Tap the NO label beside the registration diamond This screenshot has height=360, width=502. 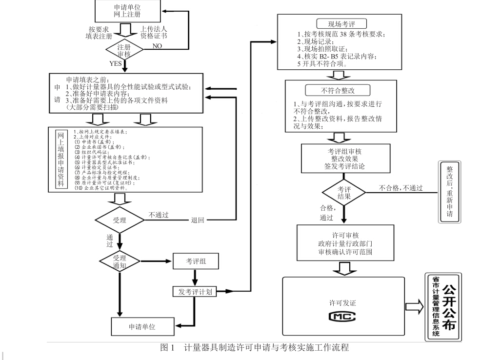[158, 46]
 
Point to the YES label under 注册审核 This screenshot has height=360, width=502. [116, 64]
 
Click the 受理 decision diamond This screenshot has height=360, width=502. [120, 220]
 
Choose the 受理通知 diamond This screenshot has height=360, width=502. [120, 261]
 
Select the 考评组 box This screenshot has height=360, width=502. [196, 261]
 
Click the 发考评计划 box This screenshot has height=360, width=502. [195, 292]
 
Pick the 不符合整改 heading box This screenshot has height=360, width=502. [337, 91]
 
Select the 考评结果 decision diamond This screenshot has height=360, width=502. [344, 192]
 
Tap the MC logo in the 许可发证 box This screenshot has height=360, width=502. [343, 316]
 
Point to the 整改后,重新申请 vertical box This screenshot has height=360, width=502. [449, 193]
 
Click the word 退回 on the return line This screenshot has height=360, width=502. [198, 220]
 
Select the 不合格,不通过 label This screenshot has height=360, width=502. [401, 188]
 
